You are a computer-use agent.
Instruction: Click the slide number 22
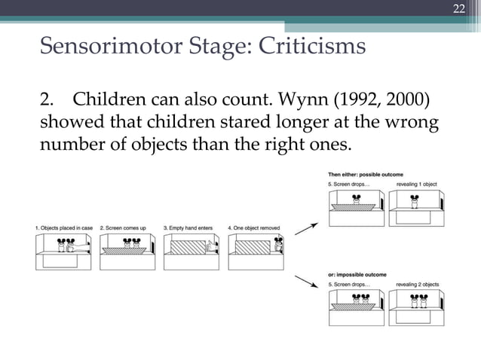[458, 9]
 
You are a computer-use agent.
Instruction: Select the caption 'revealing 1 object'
[416, 184]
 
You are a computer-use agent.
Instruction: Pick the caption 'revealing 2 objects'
[417, 284]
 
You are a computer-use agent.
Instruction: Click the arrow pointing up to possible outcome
[306, 227]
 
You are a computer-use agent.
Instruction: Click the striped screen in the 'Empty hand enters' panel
[186, 247]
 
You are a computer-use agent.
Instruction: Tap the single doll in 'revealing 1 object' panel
[413, 202]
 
